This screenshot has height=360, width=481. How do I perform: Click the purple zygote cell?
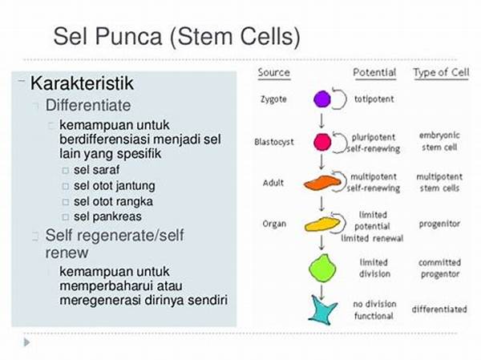[x=321, y=100]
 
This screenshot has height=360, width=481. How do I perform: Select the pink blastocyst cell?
[x=321, y=142]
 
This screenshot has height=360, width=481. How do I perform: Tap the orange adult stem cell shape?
[x=322, y=183]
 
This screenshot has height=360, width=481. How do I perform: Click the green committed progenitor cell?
[x=322, y=267]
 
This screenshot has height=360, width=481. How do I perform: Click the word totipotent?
[x=374, y=100]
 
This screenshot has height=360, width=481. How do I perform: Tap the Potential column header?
[x=374, y=73]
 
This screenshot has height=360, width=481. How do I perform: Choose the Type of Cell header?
[x=439, y=73]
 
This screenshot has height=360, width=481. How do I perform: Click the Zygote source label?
[x=273, y=100]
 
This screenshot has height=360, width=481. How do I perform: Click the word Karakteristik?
[x=82, y=83]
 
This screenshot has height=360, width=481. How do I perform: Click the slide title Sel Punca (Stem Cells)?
[x=176, y=36]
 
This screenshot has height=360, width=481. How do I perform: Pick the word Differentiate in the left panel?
[x=88, y=105]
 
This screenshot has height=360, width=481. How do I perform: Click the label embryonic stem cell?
[x=439, y=141]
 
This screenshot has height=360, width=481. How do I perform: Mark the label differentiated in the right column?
[x=440, y=309]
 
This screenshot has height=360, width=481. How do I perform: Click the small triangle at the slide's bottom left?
[x=26, y=342]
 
